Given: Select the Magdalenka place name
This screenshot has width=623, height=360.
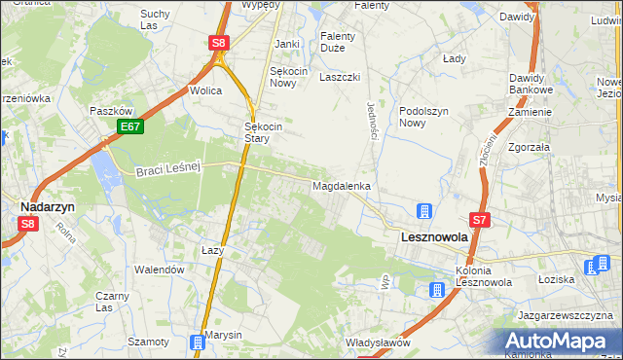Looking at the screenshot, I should coord(341,185).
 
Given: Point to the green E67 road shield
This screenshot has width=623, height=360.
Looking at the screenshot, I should coord(129,126).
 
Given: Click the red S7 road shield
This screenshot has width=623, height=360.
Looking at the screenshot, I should coord(480,221).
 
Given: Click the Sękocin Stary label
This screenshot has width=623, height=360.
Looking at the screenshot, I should coord(263,132).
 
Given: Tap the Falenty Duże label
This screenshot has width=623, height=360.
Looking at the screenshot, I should coord(338,42).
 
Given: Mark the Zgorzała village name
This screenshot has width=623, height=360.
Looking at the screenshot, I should coord(529,147).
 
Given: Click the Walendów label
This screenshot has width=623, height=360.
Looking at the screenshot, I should coord(160,269).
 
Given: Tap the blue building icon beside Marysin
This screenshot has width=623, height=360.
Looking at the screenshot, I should coord(198,342).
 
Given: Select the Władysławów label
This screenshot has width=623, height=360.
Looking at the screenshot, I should coord(378,342).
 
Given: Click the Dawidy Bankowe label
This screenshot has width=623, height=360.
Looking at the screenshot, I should coord(531,83).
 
